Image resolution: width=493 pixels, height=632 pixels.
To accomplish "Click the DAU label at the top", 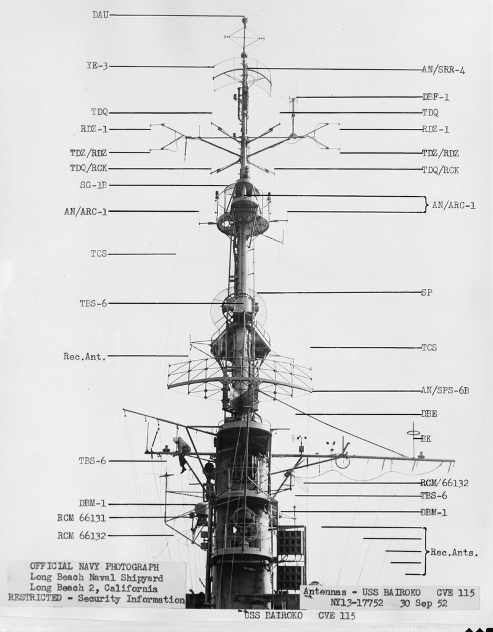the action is [x=101, y=15].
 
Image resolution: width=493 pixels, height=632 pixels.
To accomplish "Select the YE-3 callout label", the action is [x=97, y=65].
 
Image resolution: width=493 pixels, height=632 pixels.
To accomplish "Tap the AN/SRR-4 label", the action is [x=444, y=70].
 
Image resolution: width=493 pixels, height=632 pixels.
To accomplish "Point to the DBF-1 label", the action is [x=436, y=97].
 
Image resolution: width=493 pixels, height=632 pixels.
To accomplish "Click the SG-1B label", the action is [x=94, y=185].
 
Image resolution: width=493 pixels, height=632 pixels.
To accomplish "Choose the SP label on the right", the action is [x=426, y=292].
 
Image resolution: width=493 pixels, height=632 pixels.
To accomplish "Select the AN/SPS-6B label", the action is [x=445, y=390].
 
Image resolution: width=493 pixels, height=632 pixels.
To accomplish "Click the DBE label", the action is [x=429, y=414].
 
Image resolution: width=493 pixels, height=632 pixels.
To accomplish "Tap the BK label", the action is [x=426, y=439].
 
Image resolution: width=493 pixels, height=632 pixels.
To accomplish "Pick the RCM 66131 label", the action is [x=82, y=518].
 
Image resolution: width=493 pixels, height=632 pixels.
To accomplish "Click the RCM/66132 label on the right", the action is [x=444, y=483].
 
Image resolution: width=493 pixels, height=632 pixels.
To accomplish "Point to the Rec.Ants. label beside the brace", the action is [x=454, y=552].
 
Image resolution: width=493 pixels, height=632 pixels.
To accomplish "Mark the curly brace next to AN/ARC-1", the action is [x=426, y=204].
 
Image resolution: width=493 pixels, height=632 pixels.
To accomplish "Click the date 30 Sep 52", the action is [x=424, y=604].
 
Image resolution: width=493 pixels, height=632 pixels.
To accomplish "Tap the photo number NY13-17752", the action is [x=356, y=604].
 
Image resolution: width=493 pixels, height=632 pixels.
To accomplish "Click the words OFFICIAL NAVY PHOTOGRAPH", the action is [x=95, y=567].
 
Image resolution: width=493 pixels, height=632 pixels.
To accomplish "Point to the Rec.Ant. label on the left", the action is [x=85, y=356].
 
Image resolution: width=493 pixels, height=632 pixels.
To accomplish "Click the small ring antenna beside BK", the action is [x=413, y=433].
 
